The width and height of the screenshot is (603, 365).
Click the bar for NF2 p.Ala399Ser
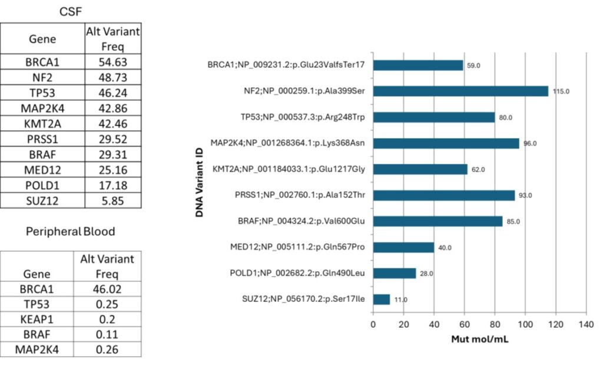pos(460,91)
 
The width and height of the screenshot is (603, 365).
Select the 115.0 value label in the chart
pos(560,91)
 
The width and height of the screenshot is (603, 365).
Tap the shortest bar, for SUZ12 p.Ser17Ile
pos(381,300)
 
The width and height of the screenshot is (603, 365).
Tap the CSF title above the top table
pos(71,11)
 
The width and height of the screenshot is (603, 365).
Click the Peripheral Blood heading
pos(71,232)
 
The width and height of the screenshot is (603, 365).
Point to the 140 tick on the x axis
pos(587,324)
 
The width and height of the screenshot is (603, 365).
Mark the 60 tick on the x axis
pos(465,324)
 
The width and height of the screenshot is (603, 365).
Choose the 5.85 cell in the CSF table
pos(113,200)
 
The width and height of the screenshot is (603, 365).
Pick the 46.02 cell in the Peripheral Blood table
pos(107,289)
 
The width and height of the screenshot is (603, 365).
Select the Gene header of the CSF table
pos(42,39)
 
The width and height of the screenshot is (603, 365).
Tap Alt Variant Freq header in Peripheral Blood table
pos(107,266)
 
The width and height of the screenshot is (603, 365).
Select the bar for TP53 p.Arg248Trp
pos(433,117)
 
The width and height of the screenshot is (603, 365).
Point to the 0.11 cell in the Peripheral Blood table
pos(107,335)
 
